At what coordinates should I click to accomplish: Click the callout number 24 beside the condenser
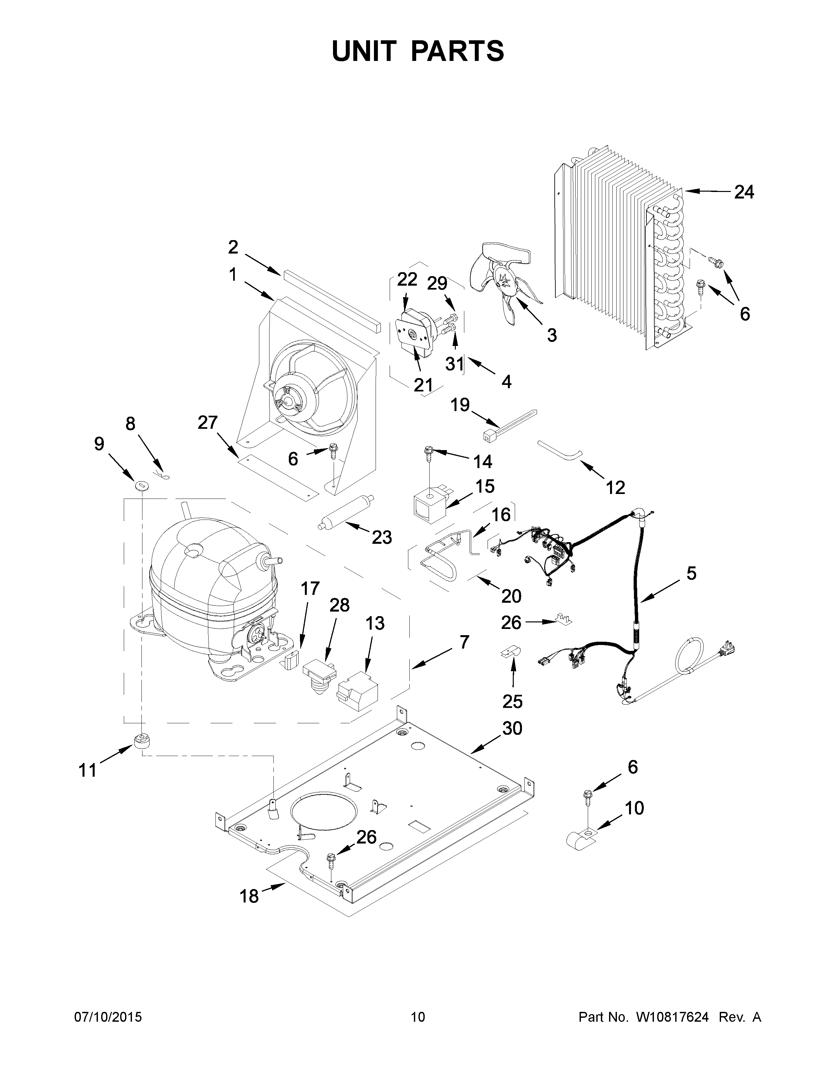(x=744, y=192)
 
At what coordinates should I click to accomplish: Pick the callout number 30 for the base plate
(x=512, y=728)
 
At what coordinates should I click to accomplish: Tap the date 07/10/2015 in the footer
(x=108, y=1017)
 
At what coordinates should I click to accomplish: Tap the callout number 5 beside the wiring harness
(x=691, y=574)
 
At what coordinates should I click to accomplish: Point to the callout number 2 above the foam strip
(x=233, y=247)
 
